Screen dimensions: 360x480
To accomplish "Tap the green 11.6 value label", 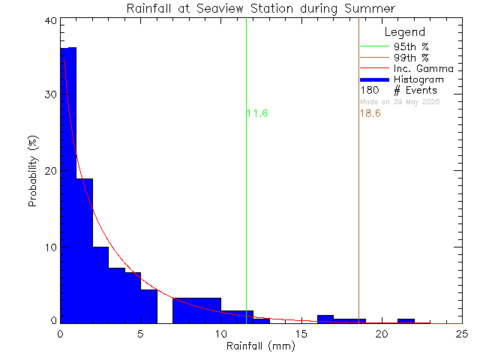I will [257, 113].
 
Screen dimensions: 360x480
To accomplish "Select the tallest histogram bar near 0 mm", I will [68, 187].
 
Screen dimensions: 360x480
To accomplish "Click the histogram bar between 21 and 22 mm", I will [406, 321].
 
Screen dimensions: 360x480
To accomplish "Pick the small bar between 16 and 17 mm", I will [325, 319].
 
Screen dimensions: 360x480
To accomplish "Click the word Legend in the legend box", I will [404, 32].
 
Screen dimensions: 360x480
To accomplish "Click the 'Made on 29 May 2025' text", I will [400, 101].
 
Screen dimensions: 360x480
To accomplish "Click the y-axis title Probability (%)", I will [34, 172].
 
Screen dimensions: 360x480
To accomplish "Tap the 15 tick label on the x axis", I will [301, 334].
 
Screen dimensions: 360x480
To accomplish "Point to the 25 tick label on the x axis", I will [462, 334].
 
